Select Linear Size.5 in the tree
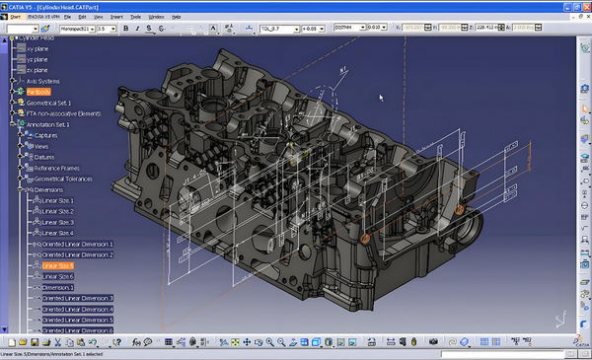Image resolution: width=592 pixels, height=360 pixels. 58,265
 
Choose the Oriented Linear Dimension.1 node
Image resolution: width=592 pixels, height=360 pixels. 77,244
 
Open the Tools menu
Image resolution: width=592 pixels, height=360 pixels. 134,17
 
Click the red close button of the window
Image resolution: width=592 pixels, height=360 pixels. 584,6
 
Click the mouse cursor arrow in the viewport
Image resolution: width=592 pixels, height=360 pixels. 381,97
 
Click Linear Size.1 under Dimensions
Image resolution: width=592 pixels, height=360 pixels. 58,200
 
